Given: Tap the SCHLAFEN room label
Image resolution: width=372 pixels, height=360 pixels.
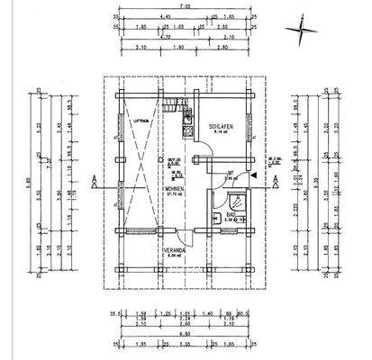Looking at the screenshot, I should (x=222, y=128).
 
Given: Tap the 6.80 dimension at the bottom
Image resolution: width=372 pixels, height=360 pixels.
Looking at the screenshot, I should (x=186, y=334).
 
